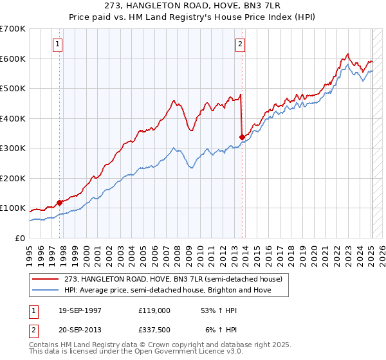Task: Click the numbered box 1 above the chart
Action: pyautogui.click(x=58, y=44)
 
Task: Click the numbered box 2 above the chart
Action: pyautogui.click(x=240, y=44)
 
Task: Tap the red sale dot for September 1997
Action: pyautogui.click(x=59, y=203)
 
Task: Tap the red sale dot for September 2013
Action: pyautogui.click(x=242, y=137)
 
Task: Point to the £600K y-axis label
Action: pyautogui.click(x=13, y=59)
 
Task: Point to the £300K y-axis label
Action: pyautogui.click(x=13, y=148)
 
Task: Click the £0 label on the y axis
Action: pyautogui.click(x=20, y=238)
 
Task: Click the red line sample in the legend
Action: pyautogui.click(x=46, y=279)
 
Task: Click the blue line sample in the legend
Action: pyautogui.click(x=46, y=290)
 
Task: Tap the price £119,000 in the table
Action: pyautogui.click(x=154, y=310)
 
